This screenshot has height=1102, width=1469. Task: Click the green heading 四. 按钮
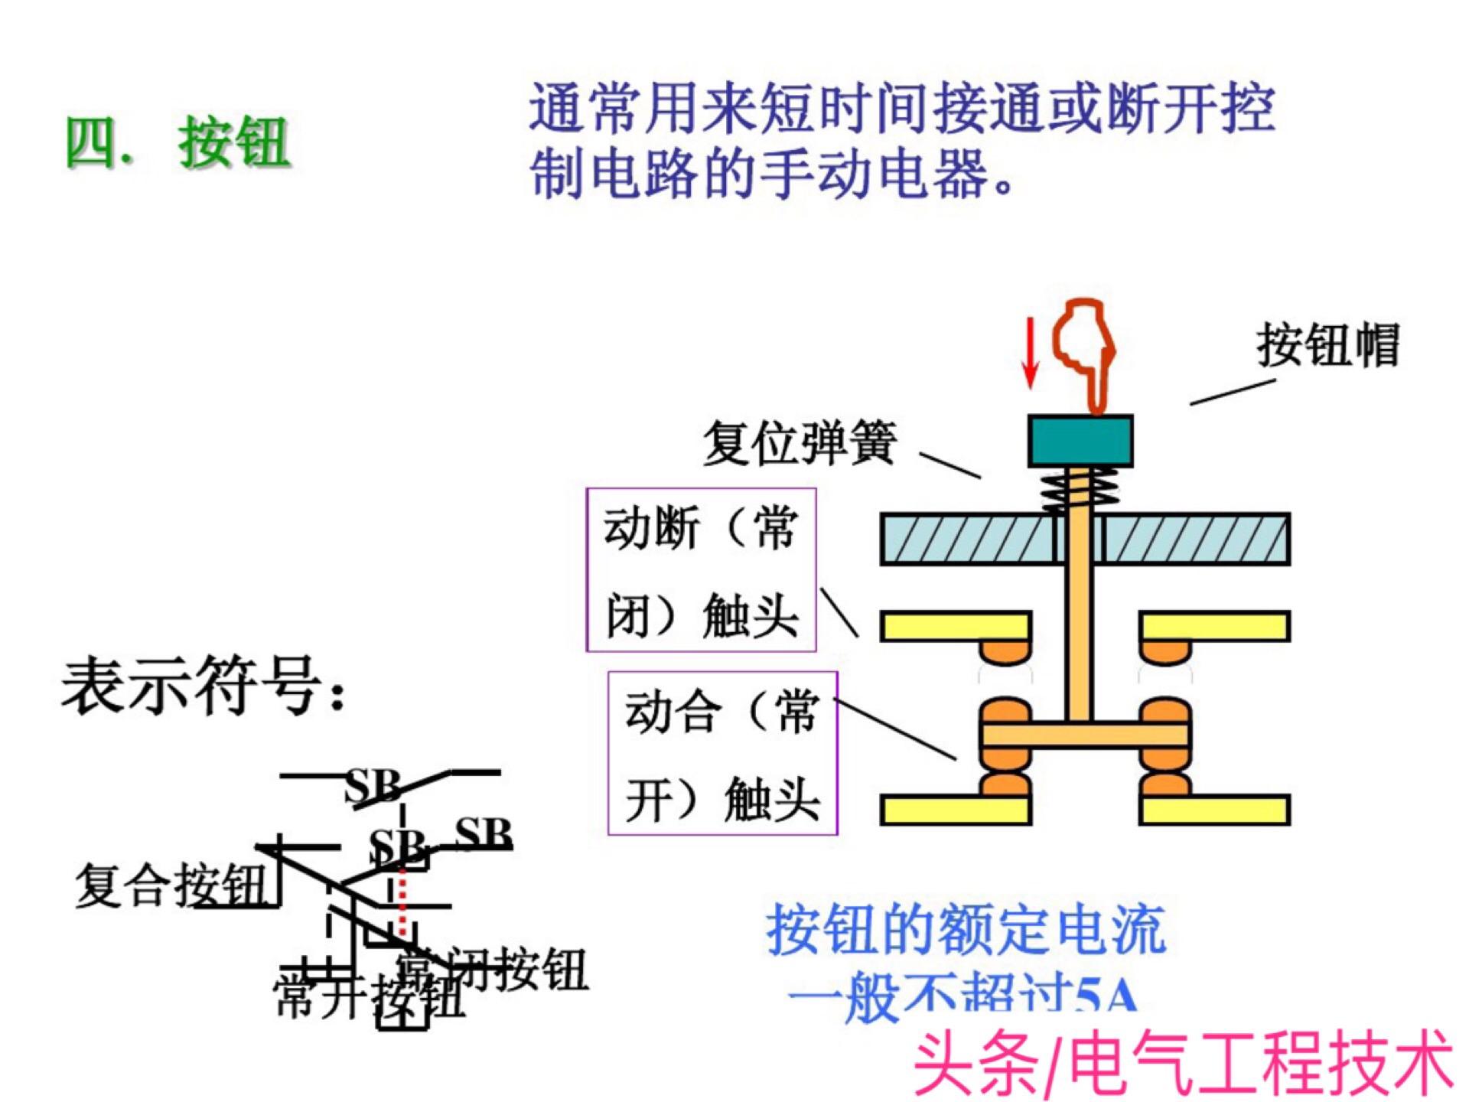coord(178,142)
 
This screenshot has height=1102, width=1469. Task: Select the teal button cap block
coord(1080,441)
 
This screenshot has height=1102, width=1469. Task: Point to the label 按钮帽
coord(1327,346)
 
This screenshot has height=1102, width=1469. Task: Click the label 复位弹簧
coord(800,442)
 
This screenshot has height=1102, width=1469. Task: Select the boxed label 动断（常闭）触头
coord(701,570)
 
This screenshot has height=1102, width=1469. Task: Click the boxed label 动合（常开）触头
coord(722,754)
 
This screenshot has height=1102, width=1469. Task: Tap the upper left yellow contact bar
coord(955,626)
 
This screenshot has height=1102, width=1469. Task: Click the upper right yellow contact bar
coord(1215,626)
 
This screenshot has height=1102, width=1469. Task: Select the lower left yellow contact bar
coord(955,810)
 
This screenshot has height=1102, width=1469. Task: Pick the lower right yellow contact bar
coord(1215,810)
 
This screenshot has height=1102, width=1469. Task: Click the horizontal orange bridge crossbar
coord(1085,735)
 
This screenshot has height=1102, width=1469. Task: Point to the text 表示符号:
coord(204,686)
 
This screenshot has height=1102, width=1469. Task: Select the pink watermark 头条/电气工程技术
coord(1183,1064)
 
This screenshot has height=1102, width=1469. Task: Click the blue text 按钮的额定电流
coord(966,929)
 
